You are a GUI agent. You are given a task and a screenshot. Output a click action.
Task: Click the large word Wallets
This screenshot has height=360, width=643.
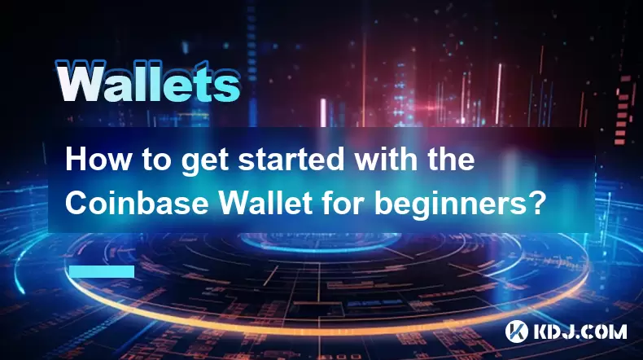coord(147,81)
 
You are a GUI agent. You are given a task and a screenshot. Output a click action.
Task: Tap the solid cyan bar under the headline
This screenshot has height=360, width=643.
coord(102,271)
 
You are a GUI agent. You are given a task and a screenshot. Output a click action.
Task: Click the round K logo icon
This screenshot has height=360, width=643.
coord(517,331)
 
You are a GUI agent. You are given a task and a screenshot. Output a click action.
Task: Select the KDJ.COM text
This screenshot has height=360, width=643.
coord(580,331)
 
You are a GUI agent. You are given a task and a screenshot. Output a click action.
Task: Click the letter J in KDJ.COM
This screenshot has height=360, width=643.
coord(567,331)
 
